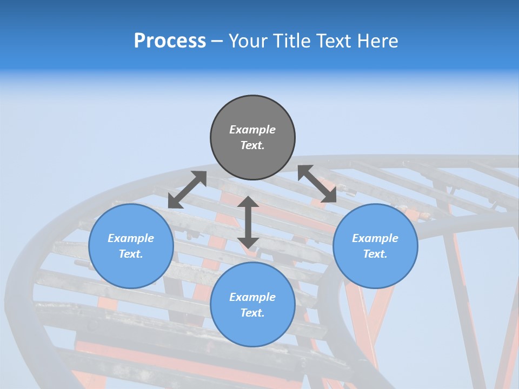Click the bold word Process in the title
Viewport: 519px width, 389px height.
click(x=170, y=41)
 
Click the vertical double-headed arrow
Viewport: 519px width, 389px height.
click(x=248, y=223)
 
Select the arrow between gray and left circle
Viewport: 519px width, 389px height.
click(x=187, y=190)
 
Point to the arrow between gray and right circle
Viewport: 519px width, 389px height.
click(x=317, y=184)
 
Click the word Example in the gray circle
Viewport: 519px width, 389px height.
click(x=252, y=130)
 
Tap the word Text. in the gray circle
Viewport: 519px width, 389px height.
click(x=252, y=145)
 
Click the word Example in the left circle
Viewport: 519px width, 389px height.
click(x=131, y=238)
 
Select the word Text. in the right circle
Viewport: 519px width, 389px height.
click(x=375, y=254)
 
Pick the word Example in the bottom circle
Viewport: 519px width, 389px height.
click(x=252, y=297)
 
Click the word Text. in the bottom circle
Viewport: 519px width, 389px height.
click(x=252, y=313)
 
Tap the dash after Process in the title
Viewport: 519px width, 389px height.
click(x=217, y=41)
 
